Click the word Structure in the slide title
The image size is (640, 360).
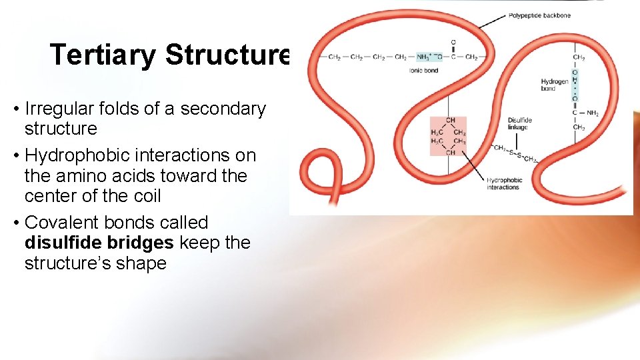[227, 55]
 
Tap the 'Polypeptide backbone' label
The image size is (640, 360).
[539, 15]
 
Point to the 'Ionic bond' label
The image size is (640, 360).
[423, 70]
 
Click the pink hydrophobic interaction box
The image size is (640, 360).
[448, 136]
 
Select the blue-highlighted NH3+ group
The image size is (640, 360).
[423, 57]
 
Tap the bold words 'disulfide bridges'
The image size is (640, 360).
[99, 243]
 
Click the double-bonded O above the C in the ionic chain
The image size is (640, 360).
[453, 43]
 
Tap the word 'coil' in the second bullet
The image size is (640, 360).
[146, 197]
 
